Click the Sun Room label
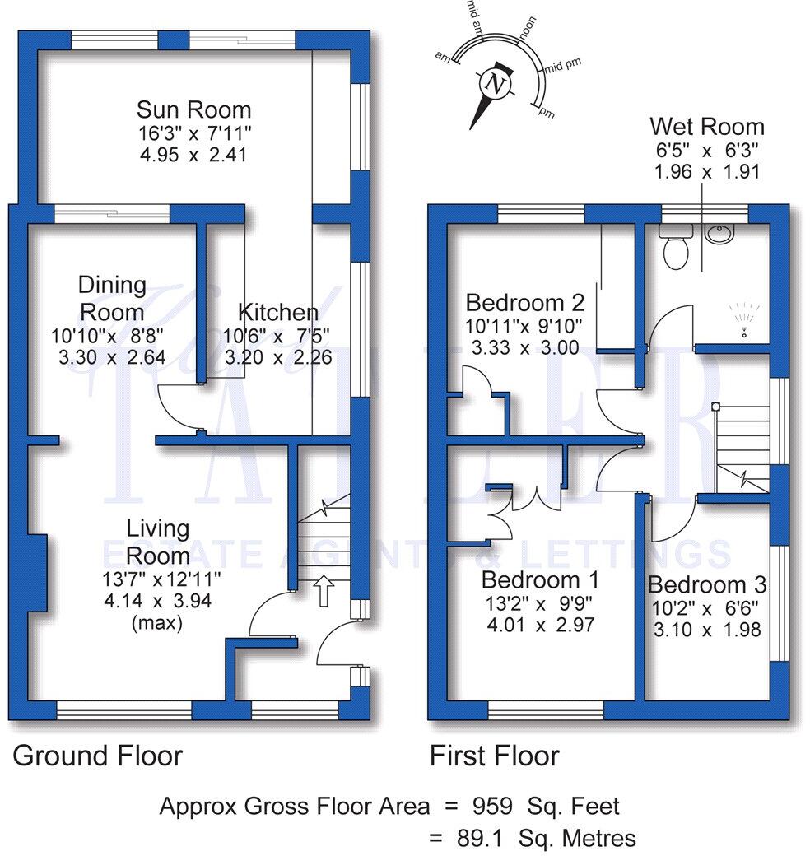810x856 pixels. pos(193,109)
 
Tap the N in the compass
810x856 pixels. pos(495,83)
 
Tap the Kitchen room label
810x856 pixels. pos(277,313)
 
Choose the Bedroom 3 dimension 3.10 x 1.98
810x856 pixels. pos(707,630)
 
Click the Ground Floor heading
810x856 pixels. pos(97,755)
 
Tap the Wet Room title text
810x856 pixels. pos(706,127)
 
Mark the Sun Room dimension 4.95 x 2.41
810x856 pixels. pos(193,154)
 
